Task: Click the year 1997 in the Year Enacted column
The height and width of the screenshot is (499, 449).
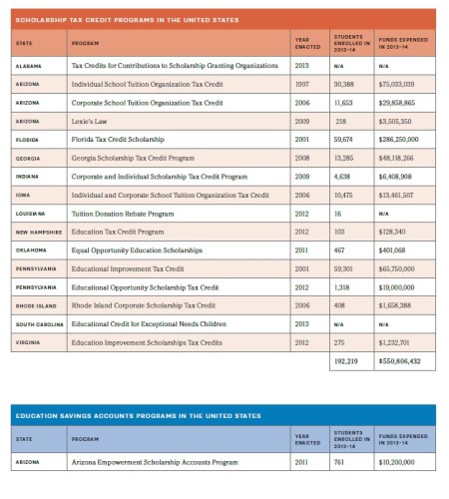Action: pos(302,84)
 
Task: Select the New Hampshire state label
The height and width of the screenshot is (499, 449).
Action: pos(38,232)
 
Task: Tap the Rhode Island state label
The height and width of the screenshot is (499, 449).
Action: pos(36,304)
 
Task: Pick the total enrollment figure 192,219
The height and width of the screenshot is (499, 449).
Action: pos(344,360)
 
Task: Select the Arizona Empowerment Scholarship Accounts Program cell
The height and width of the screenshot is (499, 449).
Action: pos(155,463)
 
